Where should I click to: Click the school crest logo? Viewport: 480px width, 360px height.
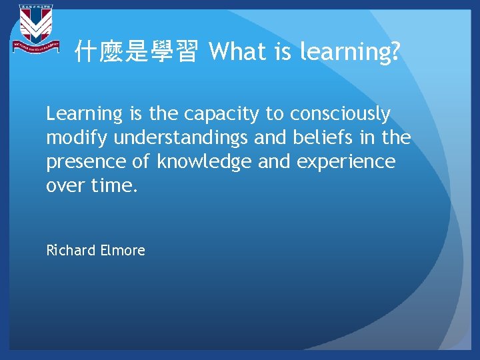pos(35,30)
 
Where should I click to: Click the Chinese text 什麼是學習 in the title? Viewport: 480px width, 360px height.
pos(136,51)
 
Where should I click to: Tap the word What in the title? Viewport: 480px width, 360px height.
pos(237,51)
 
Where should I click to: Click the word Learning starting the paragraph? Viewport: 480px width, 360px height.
pos(84,115)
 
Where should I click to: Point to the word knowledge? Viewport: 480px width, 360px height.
pos(207,162)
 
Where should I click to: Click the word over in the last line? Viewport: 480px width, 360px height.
pos(65,185)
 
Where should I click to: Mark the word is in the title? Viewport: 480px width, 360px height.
pos(284,51)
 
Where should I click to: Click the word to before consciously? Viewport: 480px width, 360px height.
pos(274,115)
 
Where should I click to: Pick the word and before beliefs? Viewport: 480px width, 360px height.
pos(271,138)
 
